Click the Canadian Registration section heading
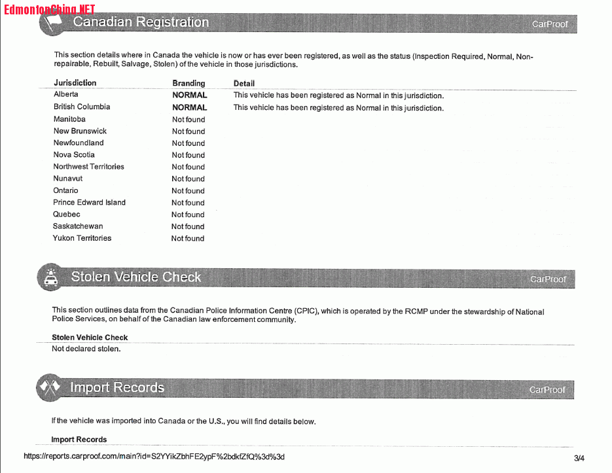coord(141,22)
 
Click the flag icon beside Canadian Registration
coord(52,22)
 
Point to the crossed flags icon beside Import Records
coord(50,388)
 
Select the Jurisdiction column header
coord(75,83)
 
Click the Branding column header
coord(189,83)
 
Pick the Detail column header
coord(244,83)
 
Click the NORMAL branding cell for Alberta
coord(189,95)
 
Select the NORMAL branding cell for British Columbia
coord(189,107)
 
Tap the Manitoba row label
coord(69,119)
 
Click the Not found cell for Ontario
coord(189,191)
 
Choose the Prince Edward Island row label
coord(89,202)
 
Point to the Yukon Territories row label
coord(82,238)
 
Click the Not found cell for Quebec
coord(188,215)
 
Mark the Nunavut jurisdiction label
coord(68,179)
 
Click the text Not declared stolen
coord(86,349)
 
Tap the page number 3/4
coord(579,458)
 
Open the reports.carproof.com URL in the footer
coord(154,457)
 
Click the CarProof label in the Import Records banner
coord(548,390)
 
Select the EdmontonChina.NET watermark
coord(49,9)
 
